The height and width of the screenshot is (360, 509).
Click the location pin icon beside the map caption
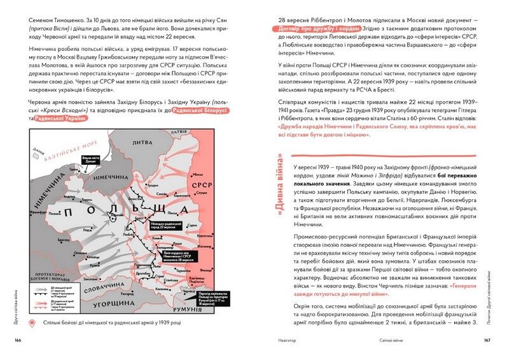[x=32, y=324]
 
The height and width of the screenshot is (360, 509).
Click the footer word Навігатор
[x=283, y=342]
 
